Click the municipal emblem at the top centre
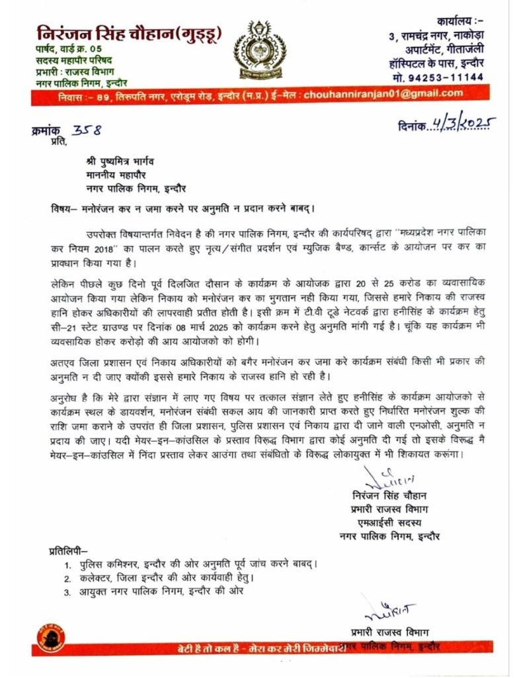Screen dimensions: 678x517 click(258, 49)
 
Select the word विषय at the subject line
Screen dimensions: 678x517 click(63, 206)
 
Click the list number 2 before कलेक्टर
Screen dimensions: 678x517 click(67, 578)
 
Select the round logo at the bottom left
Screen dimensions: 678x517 click(48, 639)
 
